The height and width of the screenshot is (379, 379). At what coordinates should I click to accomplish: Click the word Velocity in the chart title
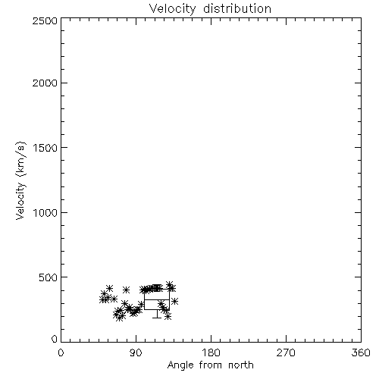coord(172,9)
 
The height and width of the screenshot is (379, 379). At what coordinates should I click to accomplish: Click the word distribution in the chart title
coord(237,8)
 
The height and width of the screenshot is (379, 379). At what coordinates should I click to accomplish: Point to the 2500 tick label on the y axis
coord(45,20)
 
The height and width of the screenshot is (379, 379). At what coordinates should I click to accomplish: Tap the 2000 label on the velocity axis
coord(45,83)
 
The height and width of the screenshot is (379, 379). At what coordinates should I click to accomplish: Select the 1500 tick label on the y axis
coord(45,148)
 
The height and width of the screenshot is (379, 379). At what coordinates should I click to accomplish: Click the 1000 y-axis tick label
coord(45,212)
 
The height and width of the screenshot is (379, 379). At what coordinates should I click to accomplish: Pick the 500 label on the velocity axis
coord(49,277)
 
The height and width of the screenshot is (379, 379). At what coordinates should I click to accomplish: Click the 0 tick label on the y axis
coord(55,339)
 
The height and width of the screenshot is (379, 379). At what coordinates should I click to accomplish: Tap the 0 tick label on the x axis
coord(61,352)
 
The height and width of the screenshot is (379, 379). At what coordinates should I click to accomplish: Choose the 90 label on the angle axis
coord(136,352)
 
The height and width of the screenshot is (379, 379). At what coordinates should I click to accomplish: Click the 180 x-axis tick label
coord(211,352)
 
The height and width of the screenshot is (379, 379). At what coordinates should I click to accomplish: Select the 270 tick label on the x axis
coord(286,352)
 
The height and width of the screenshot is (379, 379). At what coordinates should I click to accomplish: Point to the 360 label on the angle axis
coord(361,352)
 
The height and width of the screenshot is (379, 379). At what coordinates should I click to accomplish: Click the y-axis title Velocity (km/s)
coord(20,180)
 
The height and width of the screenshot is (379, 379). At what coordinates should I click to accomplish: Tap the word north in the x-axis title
coord(241,365)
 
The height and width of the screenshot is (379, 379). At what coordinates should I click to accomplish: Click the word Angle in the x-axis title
coord(180,365)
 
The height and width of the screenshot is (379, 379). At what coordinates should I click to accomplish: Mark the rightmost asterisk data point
coord(174,301)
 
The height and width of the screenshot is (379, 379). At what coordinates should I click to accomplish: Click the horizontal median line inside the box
coord(157,299)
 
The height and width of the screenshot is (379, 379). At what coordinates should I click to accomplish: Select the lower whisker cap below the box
coord(157,318)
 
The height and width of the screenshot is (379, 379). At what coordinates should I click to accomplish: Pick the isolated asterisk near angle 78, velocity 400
coord(126,290)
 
